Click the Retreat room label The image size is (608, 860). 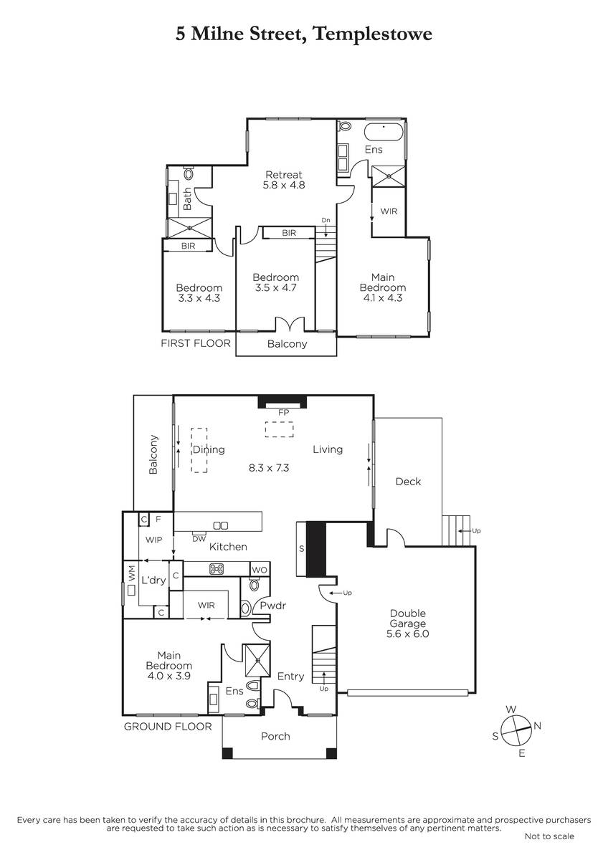[x=284, y=175]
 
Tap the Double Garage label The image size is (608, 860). [x=407, y=618]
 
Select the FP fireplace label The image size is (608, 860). [x=283, y=413]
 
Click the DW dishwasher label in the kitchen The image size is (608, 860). [x=199, y=539]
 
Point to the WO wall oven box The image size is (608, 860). [x=260, y=570]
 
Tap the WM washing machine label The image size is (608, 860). [x=132, y=573]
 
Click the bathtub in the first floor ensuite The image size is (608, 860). [x=384, y=133]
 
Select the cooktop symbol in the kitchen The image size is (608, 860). [x=217, y=569]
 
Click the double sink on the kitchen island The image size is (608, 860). [x=220, y=525]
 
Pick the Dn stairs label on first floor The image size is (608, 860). [x=326, y=221]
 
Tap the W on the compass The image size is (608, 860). [x=510, y=709]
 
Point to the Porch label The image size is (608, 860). [x=275, y=737]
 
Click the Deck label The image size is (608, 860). [x=408, y=482]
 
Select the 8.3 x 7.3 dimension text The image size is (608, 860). [x=269, y=467]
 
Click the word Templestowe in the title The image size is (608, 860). [x=373, y=34]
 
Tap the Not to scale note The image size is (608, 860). [x=549, y=836]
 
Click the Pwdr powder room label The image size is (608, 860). [x=273, y=606]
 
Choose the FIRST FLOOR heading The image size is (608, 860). [x=196, y=343]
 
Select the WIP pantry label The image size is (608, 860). [x=153, y=540]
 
